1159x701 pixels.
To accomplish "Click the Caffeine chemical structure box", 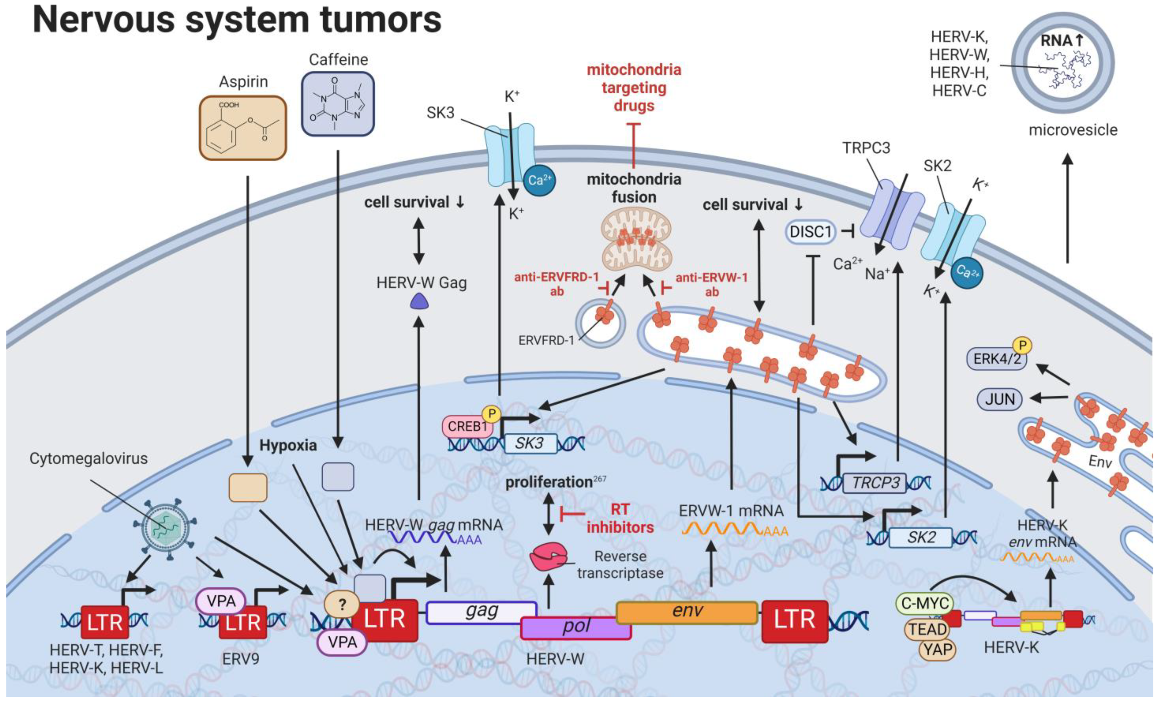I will [338, 104].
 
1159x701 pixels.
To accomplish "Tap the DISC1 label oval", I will [810, 232].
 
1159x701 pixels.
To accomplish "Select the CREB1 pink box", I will [467, 427].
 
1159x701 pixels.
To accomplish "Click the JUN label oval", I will [1000, 399].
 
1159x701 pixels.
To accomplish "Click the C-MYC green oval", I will [925, 603].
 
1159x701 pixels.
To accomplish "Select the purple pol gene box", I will [576, 628].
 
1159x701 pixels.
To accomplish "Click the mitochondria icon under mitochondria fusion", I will [636, 240].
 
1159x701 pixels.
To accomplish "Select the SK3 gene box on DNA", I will [530, 443].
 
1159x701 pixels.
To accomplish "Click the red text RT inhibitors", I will [620, 518].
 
